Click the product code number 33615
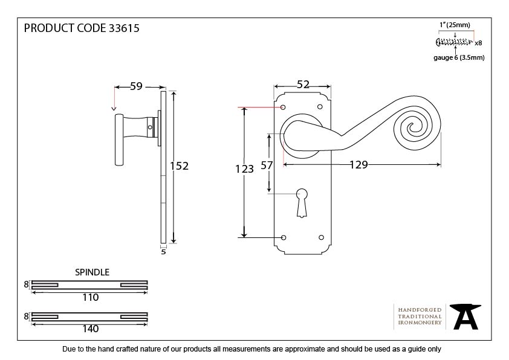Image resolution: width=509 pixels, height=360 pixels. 124,28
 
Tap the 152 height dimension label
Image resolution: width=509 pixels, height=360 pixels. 179,166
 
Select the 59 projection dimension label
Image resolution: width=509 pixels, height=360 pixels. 137,86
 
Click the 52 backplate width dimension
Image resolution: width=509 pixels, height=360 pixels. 303,85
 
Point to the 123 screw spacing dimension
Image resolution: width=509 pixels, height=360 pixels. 244,169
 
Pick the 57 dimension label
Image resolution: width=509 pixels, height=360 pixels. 267,166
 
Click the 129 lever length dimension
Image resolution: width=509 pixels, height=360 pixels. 358,165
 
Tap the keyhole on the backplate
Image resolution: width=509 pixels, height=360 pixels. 302,203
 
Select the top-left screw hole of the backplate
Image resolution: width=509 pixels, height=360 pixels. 283,107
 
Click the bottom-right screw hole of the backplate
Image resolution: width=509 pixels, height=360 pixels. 321,237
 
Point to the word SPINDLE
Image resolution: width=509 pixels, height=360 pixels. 92,272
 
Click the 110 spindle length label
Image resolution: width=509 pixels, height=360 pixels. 91,297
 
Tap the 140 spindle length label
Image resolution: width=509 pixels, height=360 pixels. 91,329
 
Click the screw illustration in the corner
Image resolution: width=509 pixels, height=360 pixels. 454,42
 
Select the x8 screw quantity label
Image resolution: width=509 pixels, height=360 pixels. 478,43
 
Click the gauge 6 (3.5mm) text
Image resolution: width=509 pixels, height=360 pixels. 459,58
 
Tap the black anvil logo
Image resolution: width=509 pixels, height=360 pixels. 465,317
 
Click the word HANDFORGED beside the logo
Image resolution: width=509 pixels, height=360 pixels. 420,310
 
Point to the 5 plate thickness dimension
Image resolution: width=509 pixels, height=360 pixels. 163,252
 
